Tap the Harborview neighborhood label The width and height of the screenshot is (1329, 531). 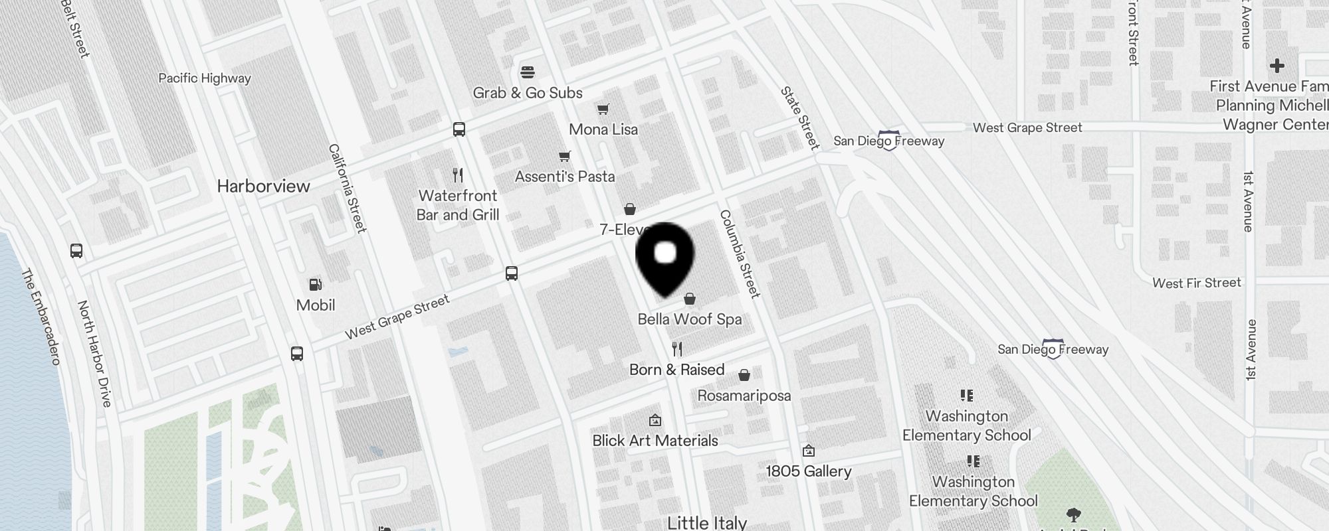264,186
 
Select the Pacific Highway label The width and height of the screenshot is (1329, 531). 205,78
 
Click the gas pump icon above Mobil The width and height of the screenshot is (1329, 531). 316,285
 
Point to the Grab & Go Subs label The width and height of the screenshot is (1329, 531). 528,93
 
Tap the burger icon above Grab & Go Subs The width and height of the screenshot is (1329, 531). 528,72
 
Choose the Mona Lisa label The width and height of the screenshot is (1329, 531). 603,129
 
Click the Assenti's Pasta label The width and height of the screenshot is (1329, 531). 565,177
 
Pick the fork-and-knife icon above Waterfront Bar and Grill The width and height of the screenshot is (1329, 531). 457,175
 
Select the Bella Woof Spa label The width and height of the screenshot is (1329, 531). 690,319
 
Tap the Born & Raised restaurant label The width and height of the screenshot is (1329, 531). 676,370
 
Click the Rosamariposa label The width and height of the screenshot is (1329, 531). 744,396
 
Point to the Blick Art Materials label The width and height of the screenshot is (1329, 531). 655,441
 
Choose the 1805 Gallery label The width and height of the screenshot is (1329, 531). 809,471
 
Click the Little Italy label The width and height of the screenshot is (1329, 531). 707,522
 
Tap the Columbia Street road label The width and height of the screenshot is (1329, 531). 740,254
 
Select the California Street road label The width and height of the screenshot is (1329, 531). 348,189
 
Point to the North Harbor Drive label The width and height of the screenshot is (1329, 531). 94,353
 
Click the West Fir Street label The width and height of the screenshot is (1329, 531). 1197,283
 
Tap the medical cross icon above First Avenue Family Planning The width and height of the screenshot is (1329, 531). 1277,66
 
